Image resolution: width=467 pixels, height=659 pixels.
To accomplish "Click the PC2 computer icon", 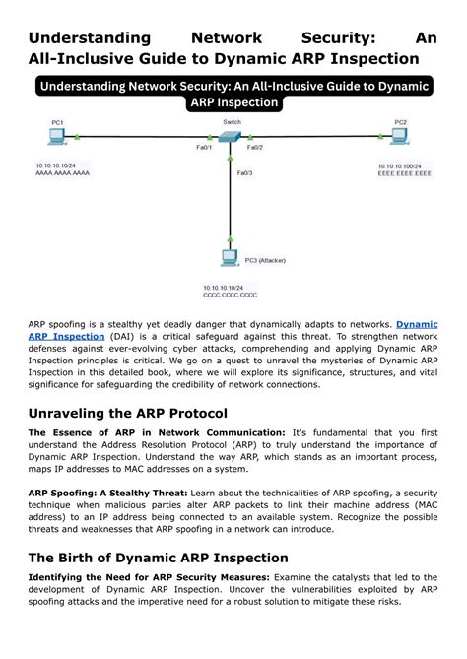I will click(401, 136).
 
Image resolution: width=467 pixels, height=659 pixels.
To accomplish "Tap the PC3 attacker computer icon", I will click(230, 258).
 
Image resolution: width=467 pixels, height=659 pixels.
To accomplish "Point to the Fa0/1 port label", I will click(204, 147).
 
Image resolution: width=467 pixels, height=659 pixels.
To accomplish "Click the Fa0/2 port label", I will click(254, 147).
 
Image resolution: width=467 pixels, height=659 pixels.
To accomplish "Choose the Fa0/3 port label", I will click(244, 173).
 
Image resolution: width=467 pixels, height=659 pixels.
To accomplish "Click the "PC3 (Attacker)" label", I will click(265, 260).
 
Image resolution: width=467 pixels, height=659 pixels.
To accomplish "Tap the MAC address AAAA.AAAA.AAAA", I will click(61, 172).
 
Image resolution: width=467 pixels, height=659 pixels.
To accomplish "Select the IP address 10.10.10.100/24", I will click(401, 166).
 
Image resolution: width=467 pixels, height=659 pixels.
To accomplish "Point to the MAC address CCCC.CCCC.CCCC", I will click(230, 295).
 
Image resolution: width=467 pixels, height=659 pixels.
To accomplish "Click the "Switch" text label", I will click(232, 122).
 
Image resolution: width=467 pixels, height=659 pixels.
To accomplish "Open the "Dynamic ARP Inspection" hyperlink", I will click(417, 323).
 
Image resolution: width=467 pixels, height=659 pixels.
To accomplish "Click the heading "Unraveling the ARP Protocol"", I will click(128, 414).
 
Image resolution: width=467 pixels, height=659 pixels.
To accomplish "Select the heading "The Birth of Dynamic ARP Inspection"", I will click(158, 558).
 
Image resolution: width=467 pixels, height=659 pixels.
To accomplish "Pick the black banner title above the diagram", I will click(233, 95).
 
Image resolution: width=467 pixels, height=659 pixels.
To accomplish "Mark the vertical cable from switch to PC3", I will click(231, 197).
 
